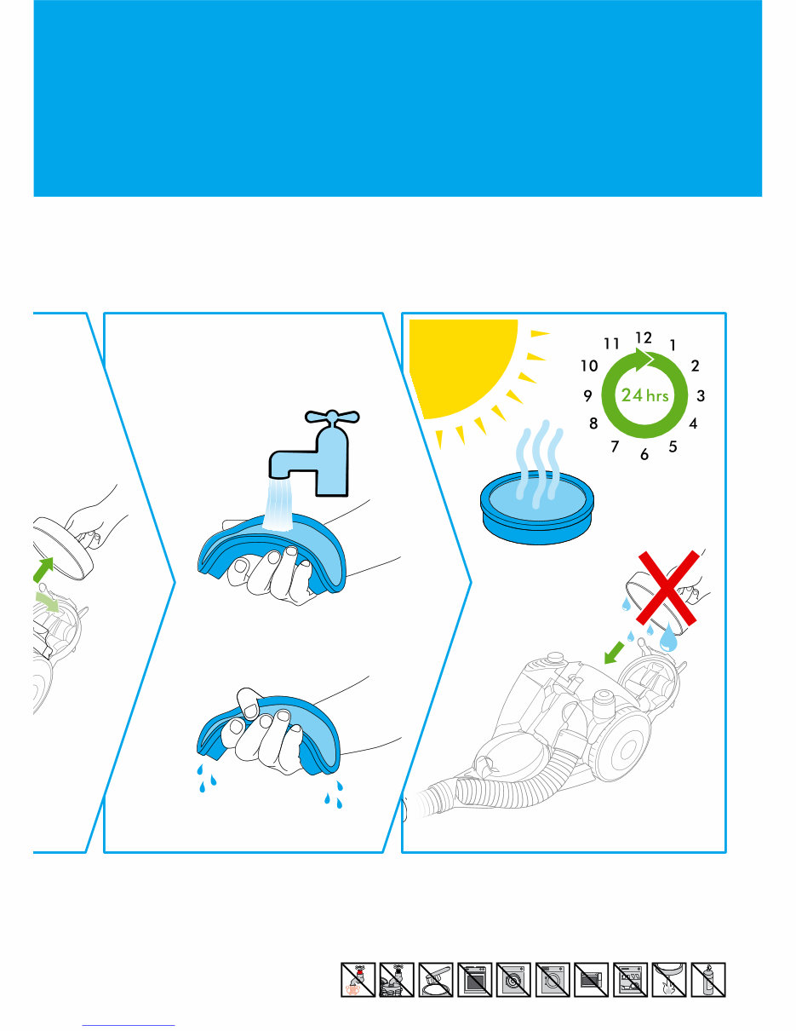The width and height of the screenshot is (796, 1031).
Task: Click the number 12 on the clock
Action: (x=644, y=338)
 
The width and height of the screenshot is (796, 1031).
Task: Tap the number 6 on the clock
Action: (x=644, y=455)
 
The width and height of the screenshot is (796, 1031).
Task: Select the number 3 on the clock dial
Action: (x=700, y=396)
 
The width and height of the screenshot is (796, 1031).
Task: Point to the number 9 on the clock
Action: (x=588, y=396)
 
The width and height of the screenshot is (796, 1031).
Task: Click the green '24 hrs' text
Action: (x=644, y=395)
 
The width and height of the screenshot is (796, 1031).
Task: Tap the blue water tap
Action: (x=319, y=452)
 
